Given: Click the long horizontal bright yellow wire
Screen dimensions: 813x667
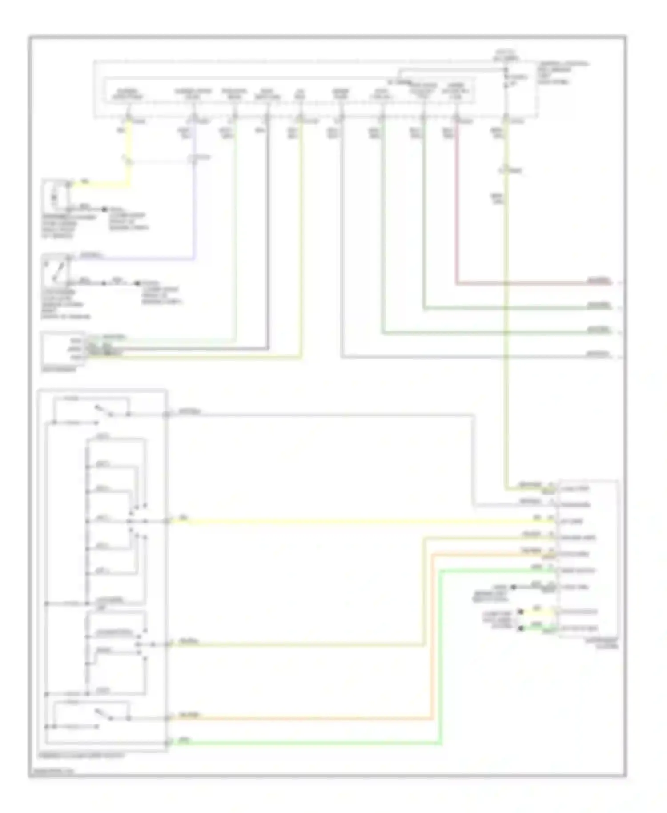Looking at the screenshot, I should (x=356, y=521).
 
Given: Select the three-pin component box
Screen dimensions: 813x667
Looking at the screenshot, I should (x=62, y=348).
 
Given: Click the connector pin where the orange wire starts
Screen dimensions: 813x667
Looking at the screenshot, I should (x=166, y=718).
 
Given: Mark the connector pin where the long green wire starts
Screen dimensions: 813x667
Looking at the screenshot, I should (x=166, y=743).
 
